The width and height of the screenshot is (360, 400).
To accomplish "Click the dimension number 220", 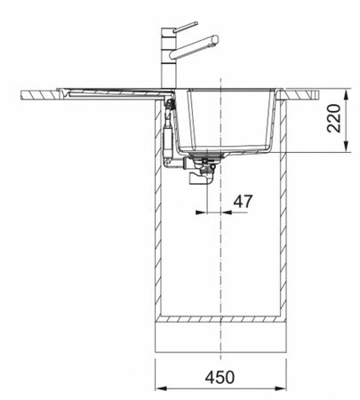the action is click(333, 118).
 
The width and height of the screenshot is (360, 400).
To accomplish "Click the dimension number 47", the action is click(243, 202).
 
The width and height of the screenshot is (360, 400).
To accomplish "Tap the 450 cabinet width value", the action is click(220, 377).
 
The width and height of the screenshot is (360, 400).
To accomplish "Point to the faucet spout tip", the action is click(215, 40).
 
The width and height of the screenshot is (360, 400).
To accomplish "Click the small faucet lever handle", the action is click(186, 27).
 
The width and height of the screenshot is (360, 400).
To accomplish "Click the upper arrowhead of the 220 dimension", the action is click(346, 94).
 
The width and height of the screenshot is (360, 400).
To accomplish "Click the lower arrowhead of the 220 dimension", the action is click(346, 147).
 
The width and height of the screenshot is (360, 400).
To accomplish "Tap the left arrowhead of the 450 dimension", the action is click(162, 388).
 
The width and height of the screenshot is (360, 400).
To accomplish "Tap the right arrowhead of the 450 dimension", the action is click(280, 388).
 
